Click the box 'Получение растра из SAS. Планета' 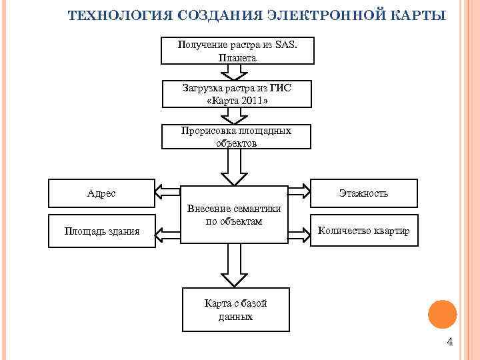(x=237, y=51)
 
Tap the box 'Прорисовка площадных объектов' (x=237, y=137)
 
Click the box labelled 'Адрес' (x=101, y=193)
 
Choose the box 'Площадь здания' (x=101, y=231)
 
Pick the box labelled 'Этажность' (x=363, y=193)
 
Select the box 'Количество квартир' (x=363, y=231)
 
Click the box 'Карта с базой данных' (x=236, y=310)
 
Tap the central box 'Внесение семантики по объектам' (x=234, y=214)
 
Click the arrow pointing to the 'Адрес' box (x=169, y=192)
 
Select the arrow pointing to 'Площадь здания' (x=169, y=232)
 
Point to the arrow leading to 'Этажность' (x=298, y=192)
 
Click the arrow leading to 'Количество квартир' (x=298, y=232)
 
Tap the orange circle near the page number (x=441, y=314)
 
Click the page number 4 (x=449, y=342)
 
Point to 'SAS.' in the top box (x=284, y=45)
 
